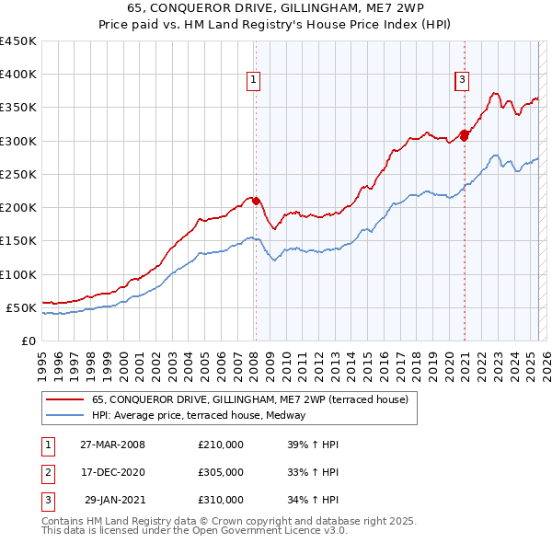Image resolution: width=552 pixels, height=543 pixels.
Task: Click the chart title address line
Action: tap(276, 9)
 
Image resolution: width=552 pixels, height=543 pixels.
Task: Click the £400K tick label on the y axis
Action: tap(18, 75)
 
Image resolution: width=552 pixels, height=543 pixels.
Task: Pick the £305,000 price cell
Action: tap(221, 472)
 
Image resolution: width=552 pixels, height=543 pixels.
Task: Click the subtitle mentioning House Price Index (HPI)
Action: tap(276, 26)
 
